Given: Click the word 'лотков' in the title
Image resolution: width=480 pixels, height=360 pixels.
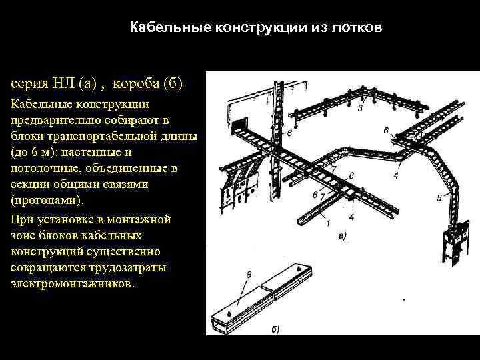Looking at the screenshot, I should click(x=361, y=28).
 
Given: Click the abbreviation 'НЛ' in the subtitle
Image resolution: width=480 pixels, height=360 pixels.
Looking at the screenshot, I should click(x=63, y=84).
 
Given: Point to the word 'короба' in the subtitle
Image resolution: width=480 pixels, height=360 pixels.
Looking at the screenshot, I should click(x=137, y=84).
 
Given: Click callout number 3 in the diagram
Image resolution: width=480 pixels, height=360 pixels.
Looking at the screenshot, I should click(x=360, y=108).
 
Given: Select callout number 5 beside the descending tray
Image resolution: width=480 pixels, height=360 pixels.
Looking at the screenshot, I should click(x=439, y=197).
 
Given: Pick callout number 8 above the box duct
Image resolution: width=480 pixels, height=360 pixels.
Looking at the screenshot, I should click(x=248, y=274).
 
